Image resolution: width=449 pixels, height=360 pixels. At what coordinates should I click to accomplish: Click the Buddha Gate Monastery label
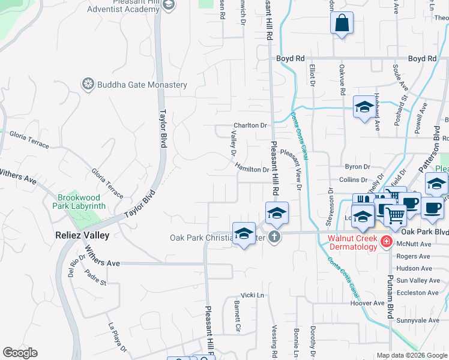142,85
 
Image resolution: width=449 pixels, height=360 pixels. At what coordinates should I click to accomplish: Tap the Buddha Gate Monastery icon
89,84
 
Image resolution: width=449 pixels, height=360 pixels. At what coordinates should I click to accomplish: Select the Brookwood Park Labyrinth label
82,202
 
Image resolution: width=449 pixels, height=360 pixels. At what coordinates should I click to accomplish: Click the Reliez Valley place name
82,235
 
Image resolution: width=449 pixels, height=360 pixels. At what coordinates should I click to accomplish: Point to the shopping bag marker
342,24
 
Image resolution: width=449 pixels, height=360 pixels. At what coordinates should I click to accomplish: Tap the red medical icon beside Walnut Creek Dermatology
386,242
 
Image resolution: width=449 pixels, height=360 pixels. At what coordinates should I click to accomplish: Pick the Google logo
20,353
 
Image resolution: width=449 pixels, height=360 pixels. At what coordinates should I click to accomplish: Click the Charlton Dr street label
250,125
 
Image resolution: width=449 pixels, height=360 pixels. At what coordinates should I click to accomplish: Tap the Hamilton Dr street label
252,169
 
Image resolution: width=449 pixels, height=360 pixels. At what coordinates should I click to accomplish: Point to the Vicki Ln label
252,295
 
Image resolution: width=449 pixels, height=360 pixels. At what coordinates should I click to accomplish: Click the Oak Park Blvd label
424,232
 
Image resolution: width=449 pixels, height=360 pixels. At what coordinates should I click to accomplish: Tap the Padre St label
95,278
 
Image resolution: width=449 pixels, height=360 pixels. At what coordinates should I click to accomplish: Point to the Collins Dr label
353,179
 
